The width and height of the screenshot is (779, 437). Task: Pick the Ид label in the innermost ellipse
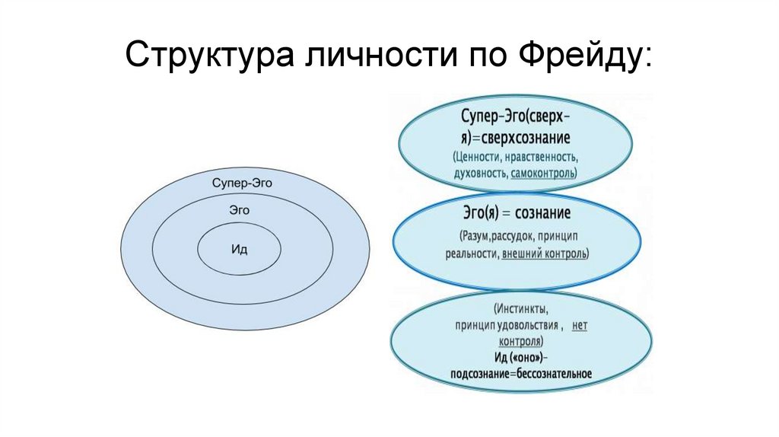(x=239, y=249)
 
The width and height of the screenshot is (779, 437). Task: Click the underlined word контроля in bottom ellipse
(x=522, y=341)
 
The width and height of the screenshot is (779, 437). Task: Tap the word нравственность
(x=546, y=158)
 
